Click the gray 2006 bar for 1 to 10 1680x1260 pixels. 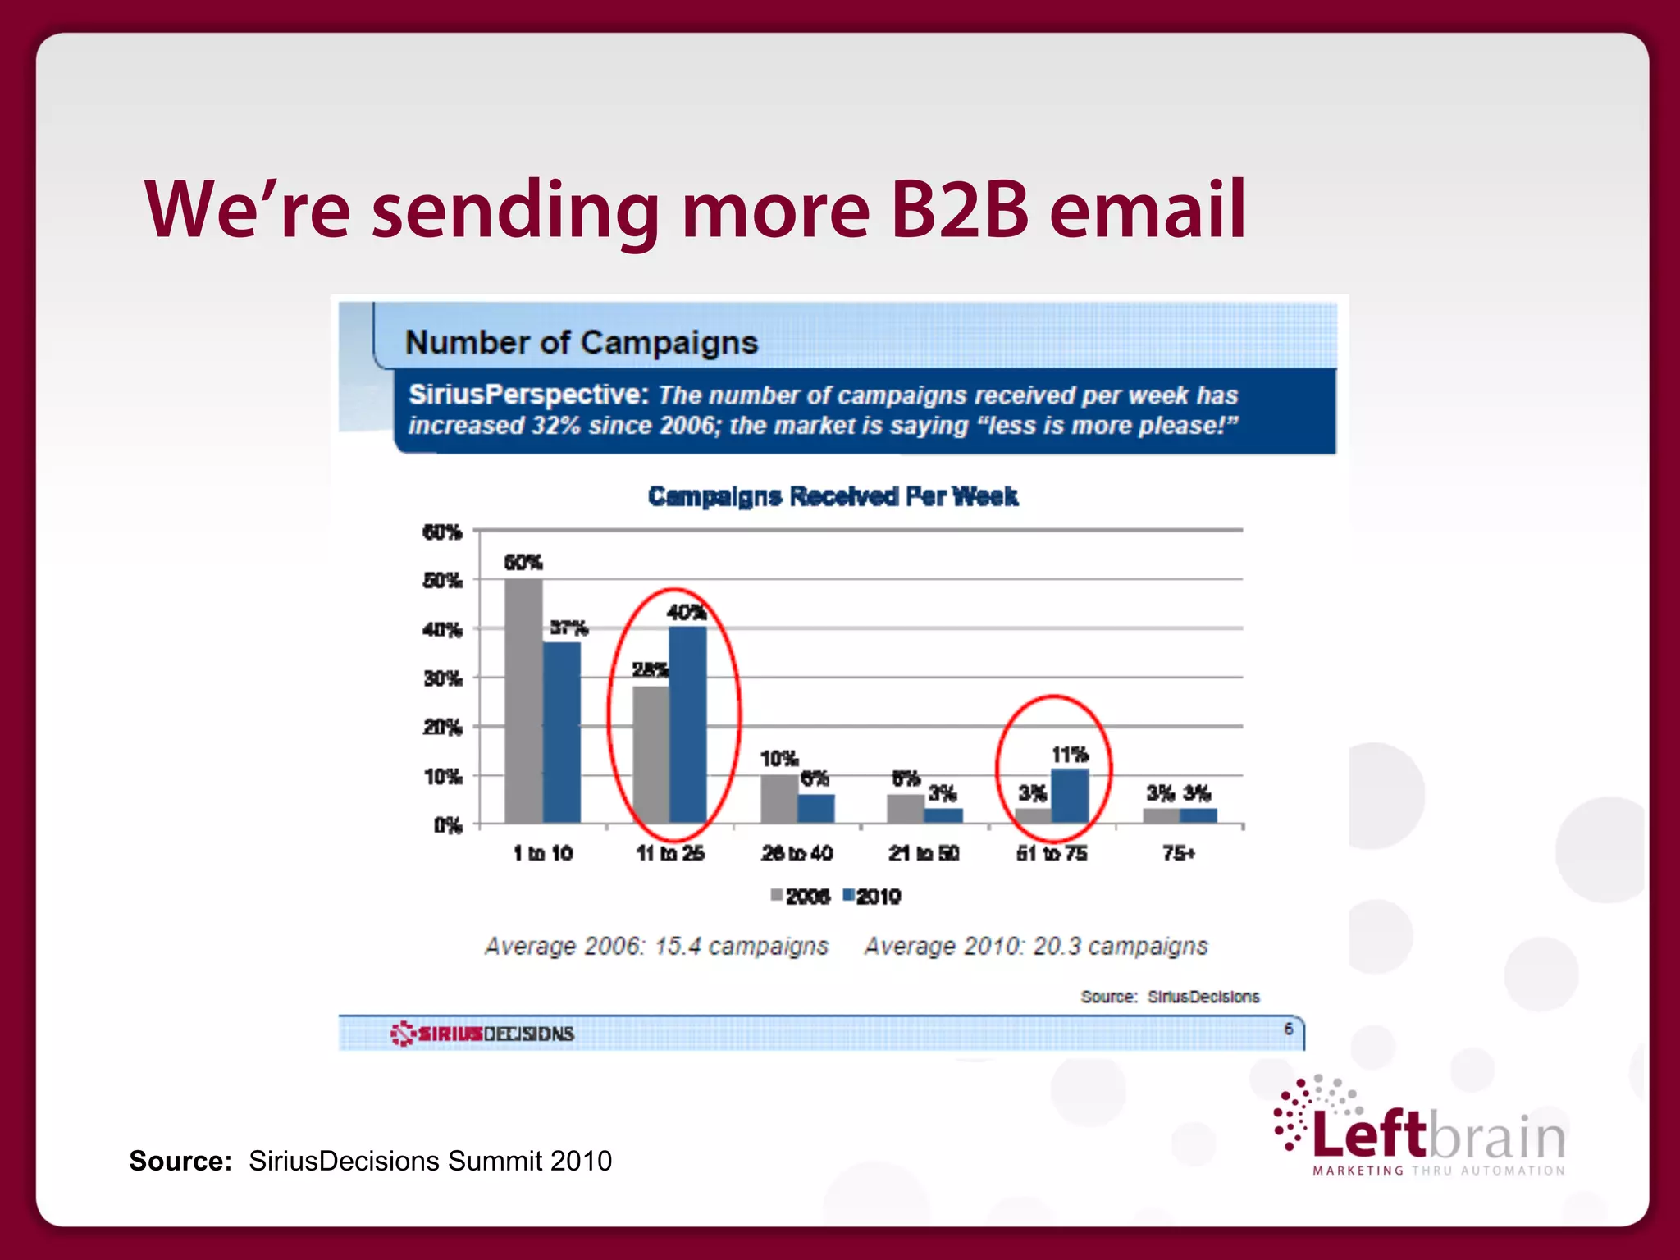point(523,701)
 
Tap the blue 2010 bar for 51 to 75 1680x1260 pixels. point(1070,796)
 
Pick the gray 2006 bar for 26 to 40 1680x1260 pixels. point(779,798)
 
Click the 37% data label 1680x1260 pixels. point(568,628)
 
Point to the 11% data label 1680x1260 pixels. point(1070,755)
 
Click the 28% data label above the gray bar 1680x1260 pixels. point(649,670)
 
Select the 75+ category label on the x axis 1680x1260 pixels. point(1179,854)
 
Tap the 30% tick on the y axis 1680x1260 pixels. point(443,679)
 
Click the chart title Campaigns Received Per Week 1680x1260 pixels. point(833,496)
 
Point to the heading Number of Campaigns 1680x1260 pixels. point(582,342)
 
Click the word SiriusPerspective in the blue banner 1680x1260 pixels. point(529,395)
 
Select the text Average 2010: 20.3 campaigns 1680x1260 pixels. point(1036,947)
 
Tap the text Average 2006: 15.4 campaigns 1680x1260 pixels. point(656,947)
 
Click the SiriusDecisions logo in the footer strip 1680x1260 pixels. point(482,1034)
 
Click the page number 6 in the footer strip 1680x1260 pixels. point(1289,1029)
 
